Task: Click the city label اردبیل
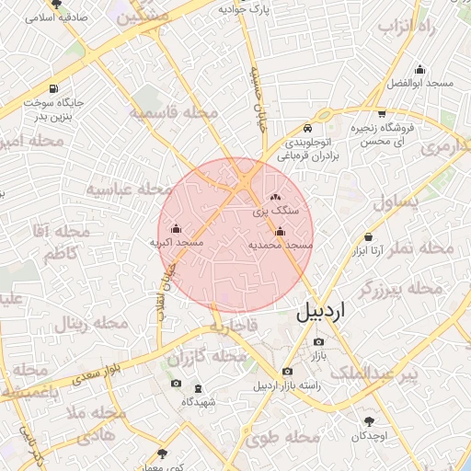[x=323, y=312]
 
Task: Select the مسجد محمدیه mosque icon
[x=281, y=232]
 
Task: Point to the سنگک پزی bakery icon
[x=274, y=197]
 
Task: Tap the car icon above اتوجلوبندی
[x=307, y=129]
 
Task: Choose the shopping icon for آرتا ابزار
[x=369, y=235]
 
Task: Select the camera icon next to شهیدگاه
[x=176, y=384]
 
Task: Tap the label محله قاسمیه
[x=174, y=113]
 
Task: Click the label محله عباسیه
[x=132, y=189]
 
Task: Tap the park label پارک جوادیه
[x=242, y=8]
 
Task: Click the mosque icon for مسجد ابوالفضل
[x=420, y=69]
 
